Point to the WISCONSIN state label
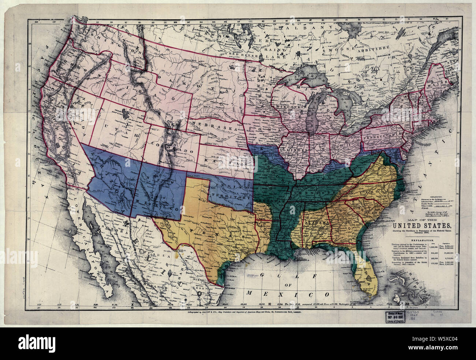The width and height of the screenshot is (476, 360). pyautogui.click(x=289, y=106)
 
